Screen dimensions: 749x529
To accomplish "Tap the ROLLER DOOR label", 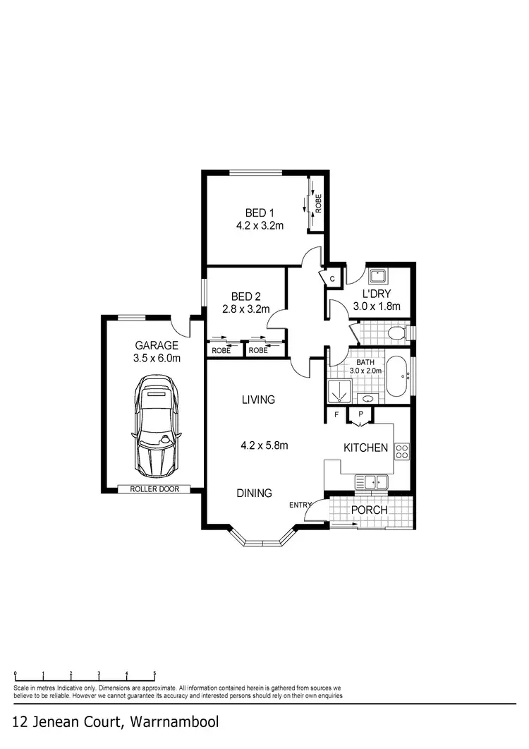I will pos(152,489).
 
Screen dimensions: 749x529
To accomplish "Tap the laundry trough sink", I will pos(377,276).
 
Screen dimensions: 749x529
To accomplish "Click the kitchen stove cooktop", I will pos(402,450).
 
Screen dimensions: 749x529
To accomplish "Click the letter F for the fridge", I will pos(337,415).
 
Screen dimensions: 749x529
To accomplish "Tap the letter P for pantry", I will pos(360,415).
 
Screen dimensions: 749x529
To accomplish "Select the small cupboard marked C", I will pos(332,279).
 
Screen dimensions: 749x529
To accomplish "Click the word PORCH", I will pos(370,510).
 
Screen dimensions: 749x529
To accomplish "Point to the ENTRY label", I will pos(300,505).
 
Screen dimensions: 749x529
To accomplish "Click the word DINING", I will pos(254,493).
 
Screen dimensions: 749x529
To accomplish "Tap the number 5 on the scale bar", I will pos(154,673).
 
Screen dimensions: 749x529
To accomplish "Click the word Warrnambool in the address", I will pos(174,722).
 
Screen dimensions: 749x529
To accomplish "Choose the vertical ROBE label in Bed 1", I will pos(319,204).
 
